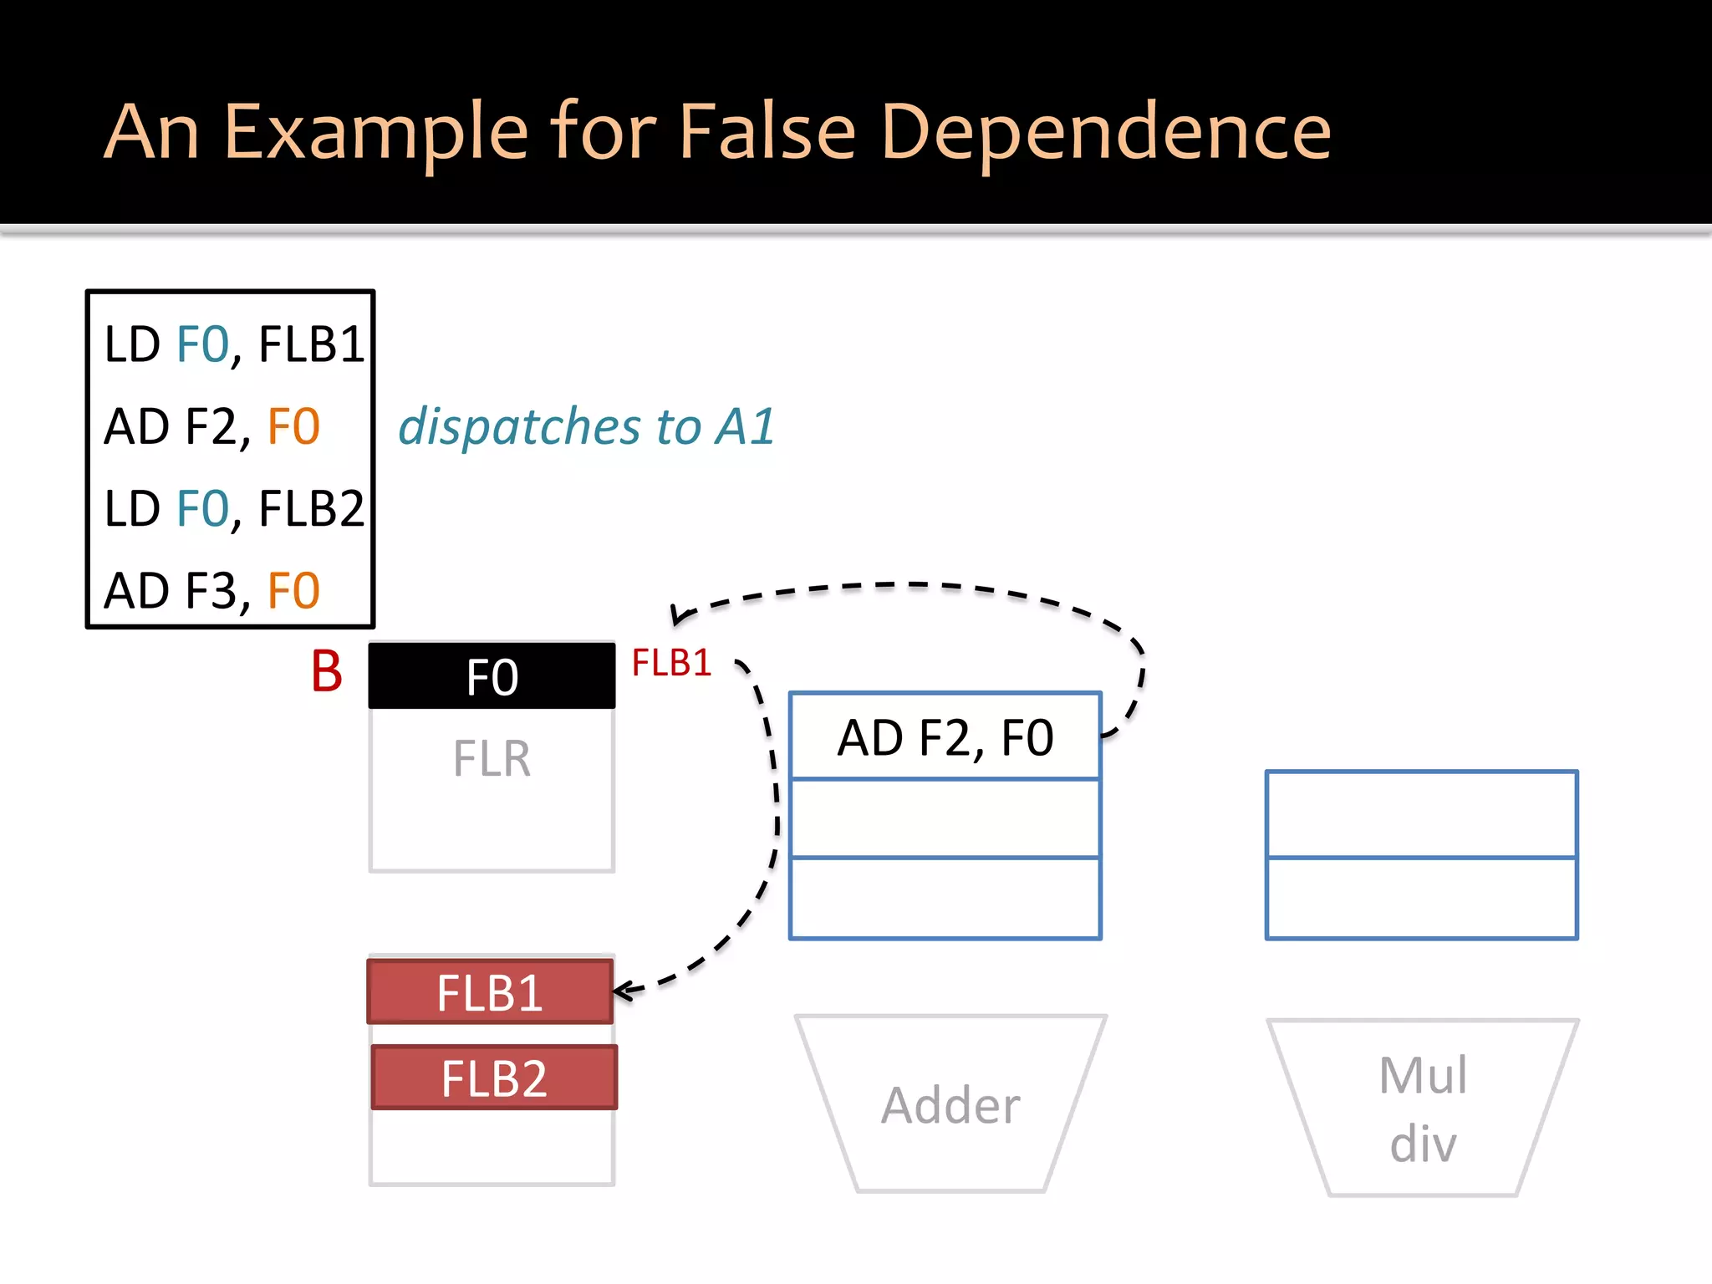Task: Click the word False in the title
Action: [767, 131]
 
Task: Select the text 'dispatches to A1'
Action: [586, 426]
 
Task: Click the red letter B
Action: [327, 671]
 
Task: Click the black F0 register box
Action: [492, 676]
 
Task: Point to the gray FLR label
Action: [492, 759]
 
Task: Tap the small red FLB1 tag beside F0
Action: [671, 664]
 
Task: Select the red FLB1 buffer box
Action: [491, 992]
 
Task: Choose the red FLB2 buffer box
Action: [494, 1078]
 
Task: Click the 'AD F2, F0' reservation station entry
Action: [945, 737]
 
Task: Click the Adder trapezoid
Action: [950, 1105]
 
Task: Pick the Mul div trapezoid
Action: [1423, 1108]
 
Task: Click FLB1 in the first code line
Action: [311, 344]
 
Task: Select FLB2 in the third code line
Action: [311, 508]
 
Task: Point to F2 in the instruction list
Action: [211, 426]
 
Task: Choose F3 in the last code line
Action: [211, 591]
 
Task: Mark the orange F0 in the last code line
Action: [293, 591]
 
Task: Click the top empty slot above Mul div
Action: [1421, 814]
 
